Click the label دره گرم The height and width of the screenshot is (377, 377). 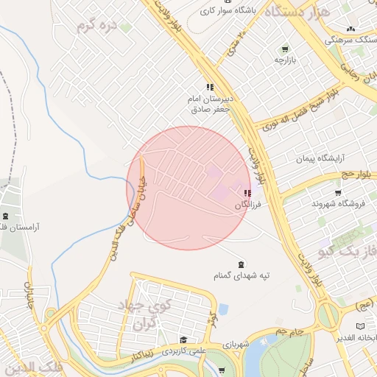[x=98, y=25]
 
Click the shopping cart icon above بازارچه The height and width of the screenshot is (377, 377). [x=285, y=49]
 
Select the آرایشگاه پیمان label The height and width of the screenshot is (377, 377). [x=320, y=158]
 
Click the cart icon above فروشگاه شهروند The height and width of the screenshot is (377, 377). [x=338, y=192]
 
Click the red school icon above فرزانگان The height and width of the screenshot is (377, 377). [x=247, y=193]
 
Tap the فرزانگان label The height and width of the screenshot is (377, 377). [x=248, y=205]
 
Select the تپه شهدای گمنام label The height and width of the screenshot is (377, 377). [x=242, y=276]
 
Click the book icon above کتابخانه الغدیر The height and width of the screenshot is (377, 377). [x=360, y=325]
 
